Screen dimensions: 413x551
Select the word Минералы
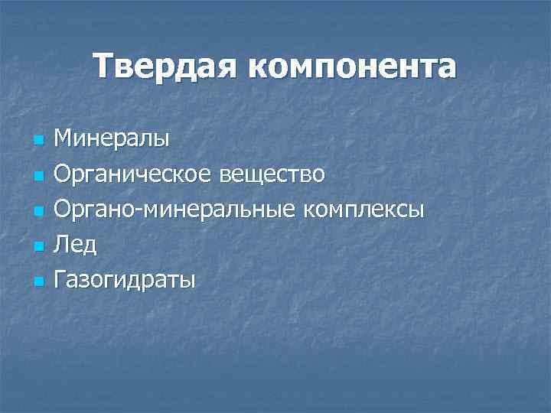(112, 139)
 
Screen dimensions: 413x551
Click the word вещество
(272, 175)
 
